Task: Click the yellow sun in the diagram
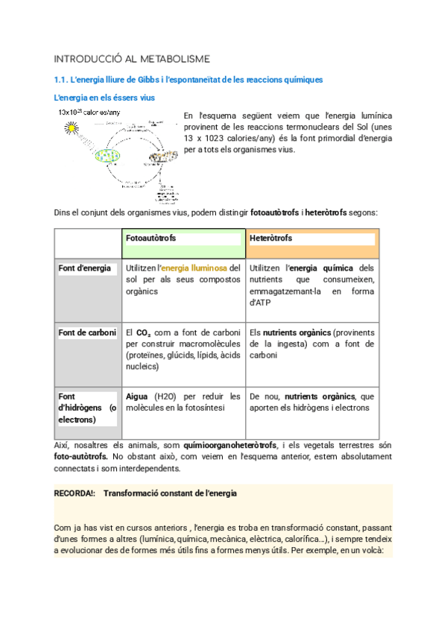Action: point(72,128)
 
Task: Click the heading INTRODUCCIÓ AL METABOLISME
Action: point(132,59)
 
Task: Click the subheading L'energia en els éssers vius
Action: point(104,98)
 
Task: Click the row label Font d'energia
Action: point(84,268)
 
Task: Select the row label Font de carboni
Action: point(86,332)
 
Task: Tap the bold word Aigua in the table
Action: point(138,396)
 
